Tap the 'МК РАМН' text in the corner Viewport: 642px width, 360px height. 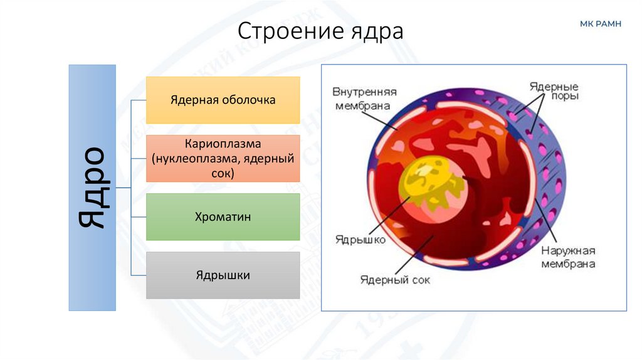[x=600, y=24]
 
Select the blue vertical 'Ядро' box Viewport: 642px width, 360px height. [x=92, y=188]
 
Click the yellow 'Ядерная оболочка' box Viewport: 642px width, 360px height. [x=223, y=100]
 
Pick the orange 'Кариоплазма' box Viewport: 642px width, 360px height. [x=223, y=158]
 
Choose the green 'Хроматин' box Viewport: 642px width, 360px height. [x=223, y=217]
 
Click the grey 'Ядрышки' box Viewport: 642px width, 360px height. [x=223, y=275]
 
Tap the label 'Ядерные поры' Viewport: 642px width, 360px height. [x=553, y=92]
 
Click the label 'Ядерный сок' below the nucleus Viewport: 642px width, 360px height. [x=395, y=280]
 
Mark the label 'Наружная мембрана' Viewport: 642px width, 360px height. [x=567, y=257]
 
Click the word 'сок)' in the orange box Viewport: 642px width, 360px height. [x=223, y=173]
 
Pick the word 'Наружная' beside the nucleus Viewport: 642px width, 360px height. [x=567, y=250]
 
